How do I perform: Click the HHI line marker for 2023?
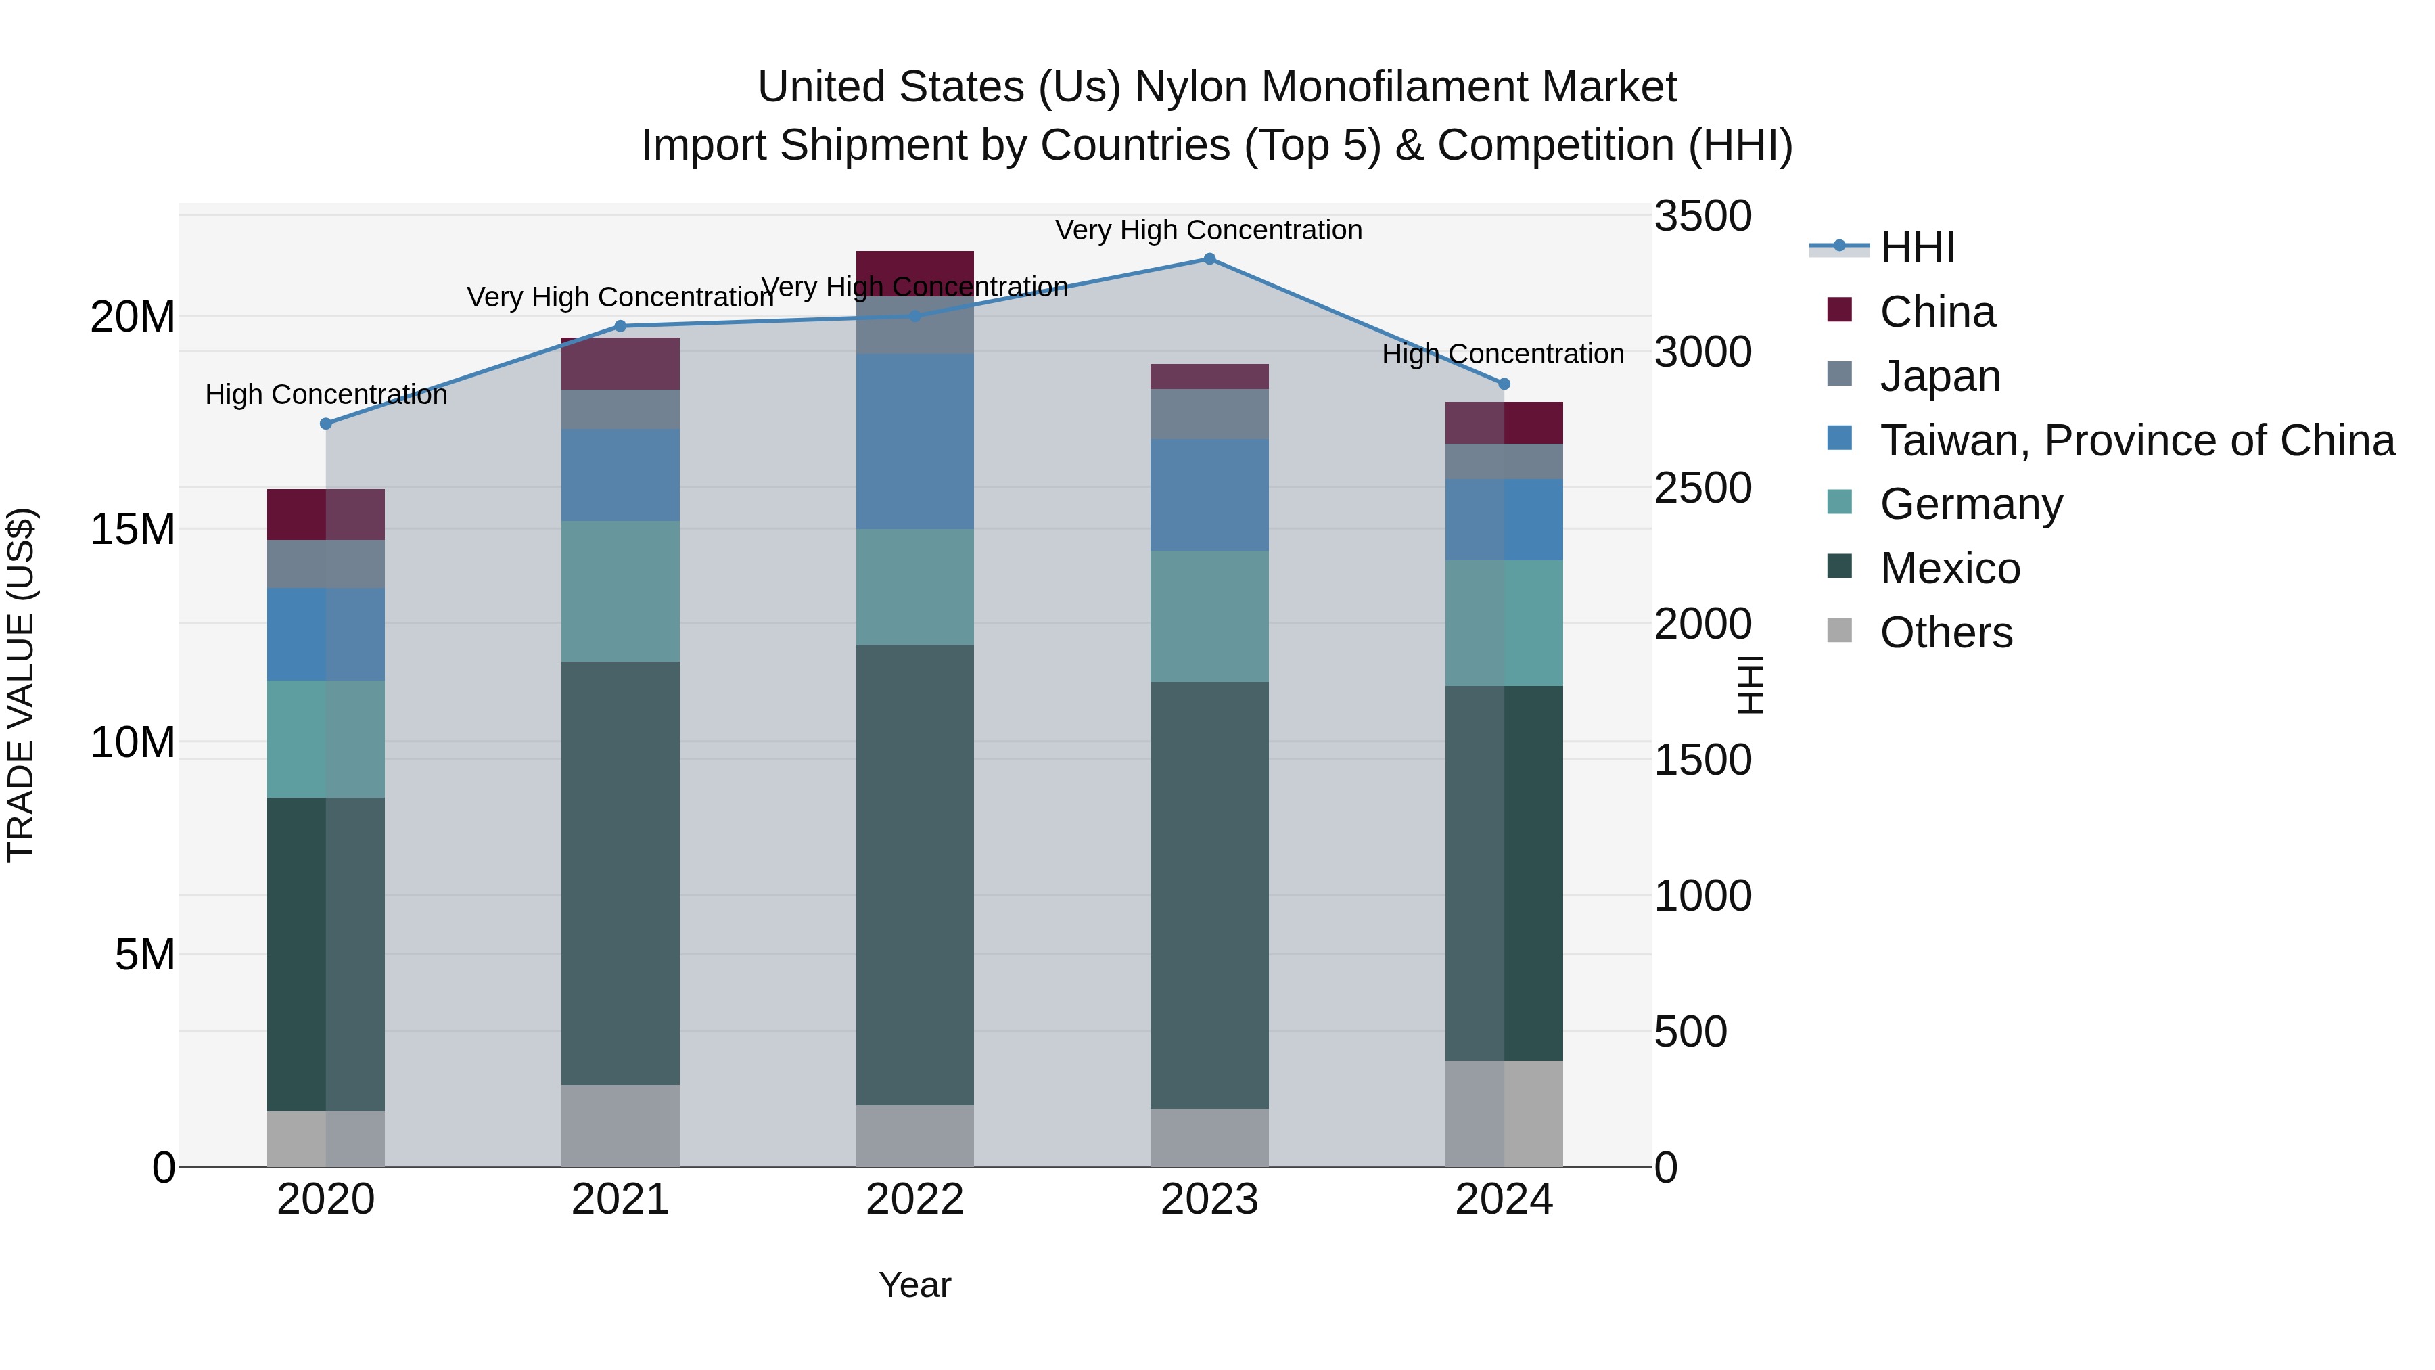coord(1209,259)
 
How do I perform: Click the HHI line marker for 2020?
coord(326,424)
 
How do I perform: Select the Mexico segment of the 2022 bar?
coord(914,875)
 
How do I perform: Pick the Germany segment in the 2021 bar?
coord(620,591)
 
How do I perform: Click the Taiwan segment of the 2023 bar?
coord(1209,495)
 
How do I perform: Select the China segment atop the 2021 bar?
coord(620,364)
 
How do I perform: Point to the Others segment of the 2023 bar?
coord(1209,1137)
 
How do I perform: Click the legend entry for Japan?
coord(1940,376)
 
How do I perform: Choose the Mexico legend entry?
coord(1949,568)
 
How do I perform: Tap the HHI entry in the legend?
coord(1917,248)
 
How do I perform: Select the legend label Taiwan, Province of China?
coord(2136,440)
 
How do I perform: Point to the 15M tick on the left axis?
coord(133,530)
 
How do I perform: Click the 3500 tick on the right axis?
coord(1702,216)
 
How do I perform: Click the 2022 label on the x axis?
coord(914,1200)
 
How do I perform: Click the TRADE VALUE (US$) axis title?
coord(21,685)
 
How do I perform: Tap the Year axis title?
coord(914,1285)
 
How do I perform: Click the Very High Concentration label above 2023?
coord(1208,230)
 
